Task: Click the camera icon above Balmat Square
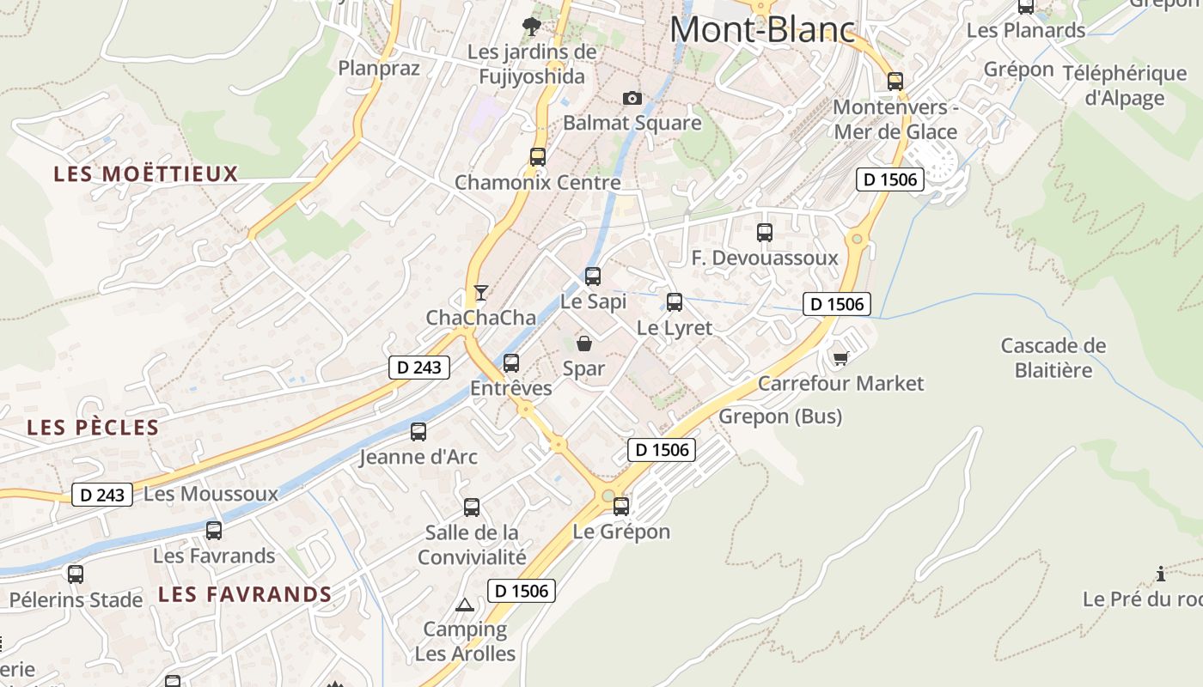(x=632, y=99)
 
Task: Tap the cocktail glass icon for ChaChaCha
(x=480, y=293)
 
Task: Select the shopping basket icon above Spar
(x=584, y=343)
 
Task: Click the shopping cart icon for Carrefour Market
(x=840, y=358)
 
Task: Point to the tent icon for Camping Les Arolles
(x=465, y=605)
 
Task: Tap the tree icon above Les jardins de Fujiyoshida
(x=532, y=26)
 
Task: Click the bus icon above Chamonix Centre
(x=538, y=157)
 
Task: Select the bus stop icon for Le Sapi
(x=593, y=277)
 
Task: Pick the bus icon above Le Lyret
(x=675, y=302)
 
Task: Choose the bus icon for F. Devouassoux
(x=765, y=233)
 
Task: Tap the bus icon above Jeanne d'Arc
(x=418, y=432)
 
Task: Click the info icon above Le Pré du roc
(x=1161, y=574)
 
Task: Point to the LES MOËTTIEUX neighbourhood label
(x=145, y=174)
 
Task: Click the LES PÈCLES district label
(x=93, y=428)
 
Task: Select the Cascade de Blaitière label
(x=1053, y=358)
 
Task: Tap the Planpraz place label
(x=379, y=68)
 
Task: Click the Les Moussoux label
(x=211, y=494)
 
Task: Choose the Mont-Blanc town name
(x=763, y=30)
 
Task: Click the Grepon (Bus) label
(x=780, y=416)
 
